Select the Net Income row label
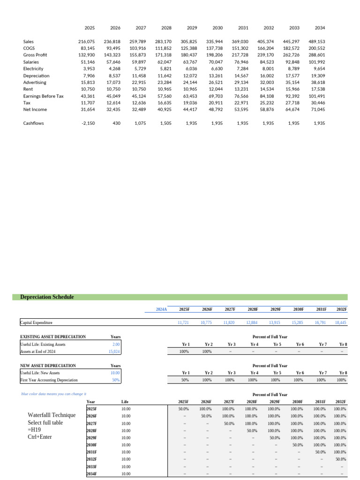34,109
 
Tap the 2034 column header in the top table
320,28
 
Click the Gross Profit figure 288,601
317,55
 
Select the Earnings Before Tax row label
43,96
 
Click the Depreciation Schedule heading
47,297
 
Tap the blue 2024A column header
161,309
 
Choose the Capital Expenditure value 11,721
184,322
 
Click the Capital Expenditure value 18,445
341,322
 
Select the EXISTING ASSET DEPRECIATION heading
53,337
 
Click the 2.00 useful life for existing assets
116,344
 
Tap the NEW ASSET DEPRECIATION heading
48,366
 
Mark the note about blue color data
54,394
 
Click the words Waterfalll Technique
52,415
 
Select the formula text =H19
35,430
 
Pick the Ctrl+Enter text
40,437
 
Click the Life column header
125,402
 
